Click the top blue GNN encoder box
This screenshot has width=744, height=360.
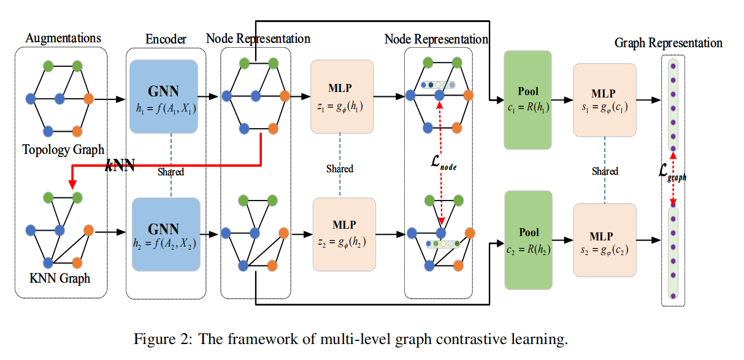164,96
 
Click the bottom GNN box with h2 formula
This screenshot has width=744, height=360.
164,234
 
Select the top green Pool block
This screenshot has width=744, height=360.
527,100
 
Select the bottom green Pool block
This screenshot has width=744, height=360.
527,240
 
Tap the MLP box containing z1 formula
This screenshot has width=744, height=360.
342,96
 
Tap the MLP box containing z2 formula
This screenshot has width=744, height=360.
343,234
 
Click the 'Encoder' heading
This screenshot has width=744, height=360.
166,39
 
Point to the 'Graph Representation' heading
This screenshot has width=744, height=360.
669,43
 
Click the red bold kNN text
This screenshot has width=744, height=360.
120,164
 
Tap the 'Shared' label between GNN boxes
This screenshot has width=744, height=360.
171,172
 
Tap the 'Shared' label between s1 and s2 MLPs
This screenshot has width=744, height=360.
605,171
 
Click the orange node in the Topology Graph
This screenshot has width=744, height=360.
88,98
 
